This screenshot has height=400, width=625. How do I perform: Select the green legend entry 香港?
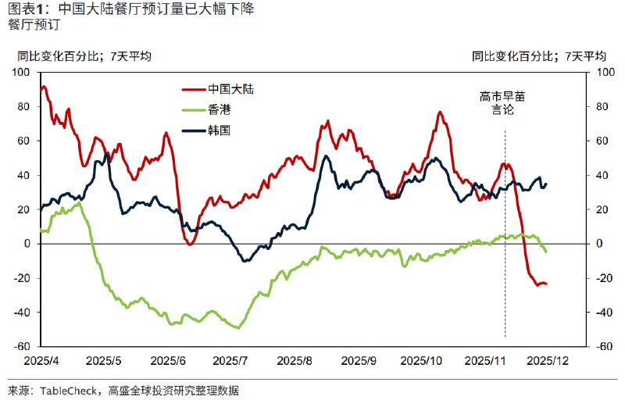pos(220,110)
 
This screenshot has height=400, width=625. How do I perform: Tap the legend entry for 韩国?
pos(220,130)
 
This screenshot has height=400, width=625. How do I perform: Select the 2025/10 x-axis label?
pos(421,361)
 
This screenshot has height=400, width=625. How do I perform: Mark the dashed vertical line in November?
pos(505,234)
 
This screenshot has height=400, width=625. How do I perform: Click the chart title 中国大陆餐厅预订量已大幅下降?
pos(156,9)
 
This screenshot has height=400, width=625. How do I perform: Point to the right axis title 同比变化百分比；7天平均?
pos(539,56)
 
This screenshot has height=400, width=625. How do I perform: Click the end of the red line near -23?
pos(545,284)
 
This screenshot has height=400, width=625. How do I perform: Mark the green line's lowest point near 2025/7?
pos(237,328)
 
